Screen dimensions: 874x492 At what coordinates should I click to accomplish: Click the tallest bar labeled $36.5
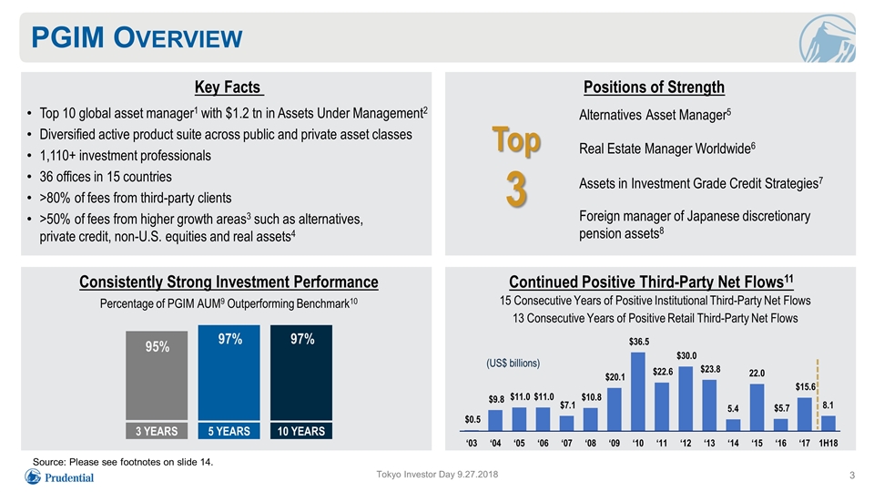(638, 392)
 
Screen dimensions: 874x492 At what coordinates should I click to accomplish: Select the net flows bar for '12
(686, 399)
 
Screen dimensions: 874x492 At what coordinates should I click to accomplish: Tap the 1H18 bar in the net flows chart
(828, 424)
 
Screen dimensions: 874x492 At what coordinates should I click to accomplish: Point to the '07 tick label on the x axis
(567, 443)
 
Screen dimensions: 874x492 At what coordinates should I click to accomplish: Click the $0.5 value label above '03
(473, 419)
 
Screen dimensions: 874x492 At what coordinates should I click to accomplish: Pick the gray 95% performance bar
(157, 375)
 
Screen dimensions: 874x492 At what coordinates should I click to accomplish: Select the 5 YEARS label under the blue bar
(229, 431)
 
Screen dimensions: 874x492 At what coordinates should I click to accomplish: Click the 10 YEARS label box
(301, 431)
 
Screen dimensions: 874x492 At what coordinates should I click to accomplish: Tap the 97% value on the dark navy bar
(302, 339)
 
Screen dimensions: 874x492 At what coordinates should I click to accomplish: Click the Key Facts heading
(228, 87)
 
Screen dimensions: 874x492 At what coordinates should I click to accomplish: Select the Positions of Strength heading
(654, 87)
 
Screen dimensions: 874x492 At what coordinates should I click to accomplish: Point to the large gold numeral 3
(517, 190)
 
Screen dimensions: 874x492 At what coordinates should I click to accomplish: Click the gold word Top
(516, 140)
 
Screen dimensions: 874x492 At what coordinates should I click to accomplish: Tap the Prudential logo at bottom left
(59, 477)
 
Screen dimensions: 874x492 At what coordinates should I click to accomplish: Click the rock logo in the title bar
(828, 38)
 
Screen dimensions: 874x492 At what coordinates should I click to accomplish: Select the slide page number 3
(852, 476)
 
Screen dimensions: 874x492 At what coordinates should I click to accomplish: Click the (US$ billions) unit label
(513, 364)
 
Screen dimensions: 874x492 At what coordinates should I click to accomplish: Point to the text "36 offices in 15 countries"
(106, 177)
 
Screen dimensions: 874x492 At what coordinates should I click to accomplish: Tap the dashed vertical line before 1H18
(818, 395)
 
